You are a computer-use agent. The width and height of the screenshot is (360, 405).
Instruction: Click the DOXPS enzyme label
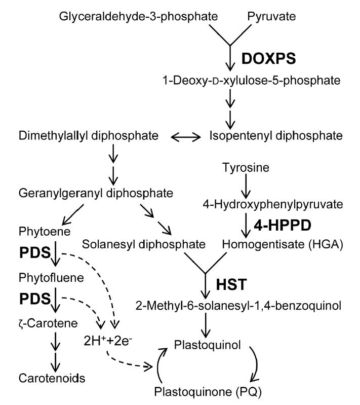(269, 58)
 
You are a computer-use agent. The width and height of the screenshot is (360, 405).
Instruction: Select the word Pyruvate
(271, 17)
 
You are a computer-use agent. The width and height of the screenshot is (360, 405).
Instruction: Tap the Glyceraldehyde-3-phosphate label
(138, 17)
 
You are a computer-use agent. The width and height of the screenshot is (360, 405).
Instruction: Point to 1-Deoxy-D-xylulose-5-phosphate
(251, 80)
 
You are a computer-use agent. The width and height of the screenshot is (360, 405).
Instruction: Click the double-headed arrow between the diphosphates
(186, 137)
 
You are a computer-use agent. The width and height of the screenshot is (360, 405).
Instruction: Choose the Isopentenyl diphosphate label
(276, 136)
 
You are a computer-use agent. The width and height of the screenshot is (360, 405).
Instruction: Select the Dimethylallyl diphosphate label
(89, 136)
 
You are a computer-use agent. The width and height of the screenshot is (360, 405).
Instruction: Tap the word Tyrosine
(246, 168)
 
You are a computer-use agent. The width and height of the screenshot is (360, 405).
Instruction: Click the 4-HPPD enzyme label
(283, 225)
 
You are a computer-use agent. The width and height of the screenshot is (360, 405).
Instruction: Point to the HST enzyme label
(231, 284)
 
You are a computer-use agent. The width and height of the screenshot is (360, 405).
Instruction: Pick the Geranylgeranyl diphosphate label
(96, 193)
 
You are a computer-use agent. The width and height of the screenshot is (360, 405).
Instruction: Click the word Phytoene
(45, 232)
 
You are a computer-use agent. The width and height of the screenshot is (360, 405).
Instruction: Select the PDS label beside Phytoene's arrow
(35, 252)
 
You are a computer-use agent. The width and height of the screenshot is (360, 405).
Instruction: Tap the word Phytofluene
(51, 278)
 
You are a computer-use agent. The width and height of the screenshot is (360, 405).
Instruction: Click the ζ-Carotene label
(48, 323)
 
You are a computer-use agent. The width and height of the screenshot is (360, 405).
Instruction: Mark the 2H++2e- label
(108, 341)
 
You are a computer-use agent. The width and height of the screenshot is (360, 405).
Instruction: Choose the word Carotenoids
(52, 378)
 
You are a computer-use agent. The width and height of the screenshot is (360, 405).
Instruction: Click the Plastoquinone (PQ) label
(208, 392)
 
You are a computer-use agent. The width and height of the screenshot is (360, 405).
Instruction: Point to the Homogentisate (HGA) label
(283, 244)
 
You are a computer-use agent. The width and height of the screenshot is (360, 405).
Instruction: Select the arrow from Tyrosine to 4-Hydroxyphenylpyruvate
(246, 186)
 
